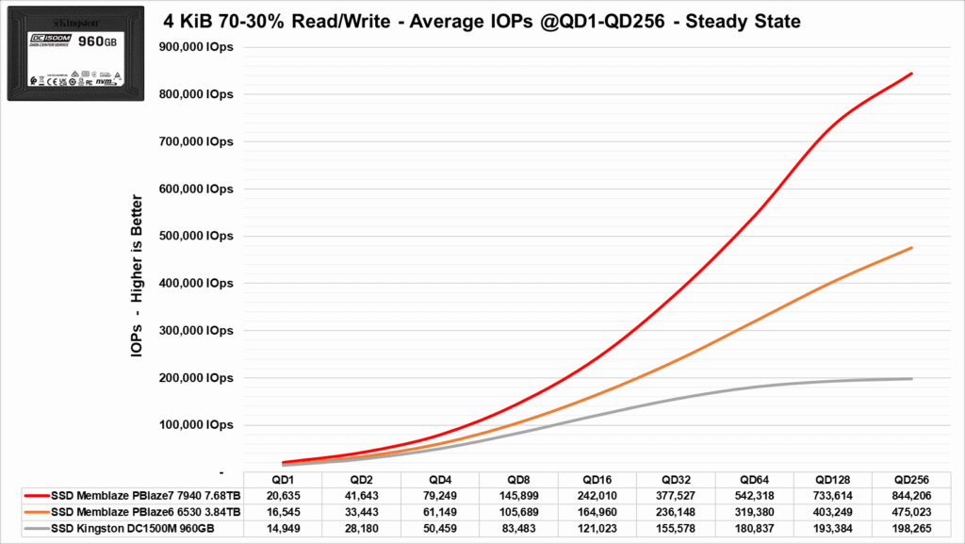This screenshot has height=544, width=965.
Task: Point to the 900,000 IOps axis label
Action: tap(196, 48)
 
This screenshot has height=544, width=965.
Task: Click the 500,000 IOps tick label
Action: tap(196, 237)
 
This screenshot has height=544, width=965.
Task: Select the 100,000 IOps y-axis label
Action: tap(196, 425)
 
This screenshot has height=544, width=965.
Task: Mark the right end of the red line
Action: tap(912, 74)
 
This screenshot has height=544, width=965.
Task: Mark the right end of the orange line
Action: tap(912, 248)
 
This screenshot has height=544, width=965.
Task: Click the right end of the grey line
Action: tap(912, 378)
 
